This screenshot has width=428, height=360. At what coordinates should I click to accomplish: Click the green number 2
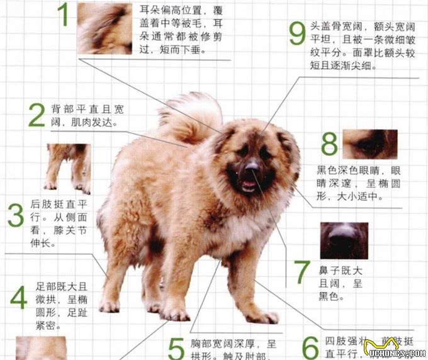(37, 115)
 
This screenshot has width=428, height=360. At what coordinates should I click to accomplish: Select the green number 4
(18, 298)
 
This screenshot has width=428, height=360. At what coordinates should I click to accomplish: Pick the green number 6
(310, 347)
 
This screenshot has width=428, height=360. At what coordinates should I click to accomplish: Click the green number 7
(303, 271)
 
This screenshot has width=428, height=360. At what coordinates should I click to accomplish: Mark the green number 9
(296, 35)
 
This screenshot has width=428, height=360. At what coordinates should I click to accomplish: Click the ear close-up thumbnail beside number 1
(104, 28)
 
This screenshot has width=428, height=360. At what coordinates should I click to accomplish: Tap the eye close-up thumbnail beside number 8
(370, 144)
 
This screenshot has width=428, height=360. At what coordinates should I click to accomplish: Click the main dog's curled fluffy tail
(188, 116)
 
